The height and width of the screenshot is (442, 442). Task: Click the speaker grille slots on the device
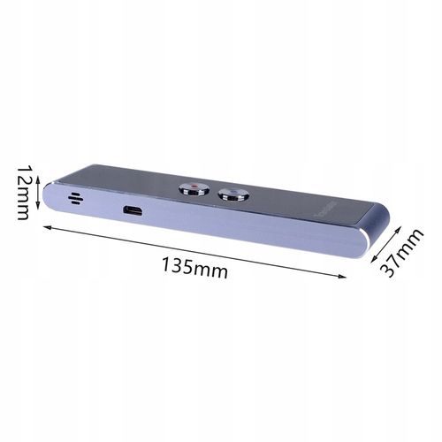tap(75, 197)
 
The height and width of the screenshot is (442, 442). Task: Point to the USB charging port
tap(133, 210)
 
